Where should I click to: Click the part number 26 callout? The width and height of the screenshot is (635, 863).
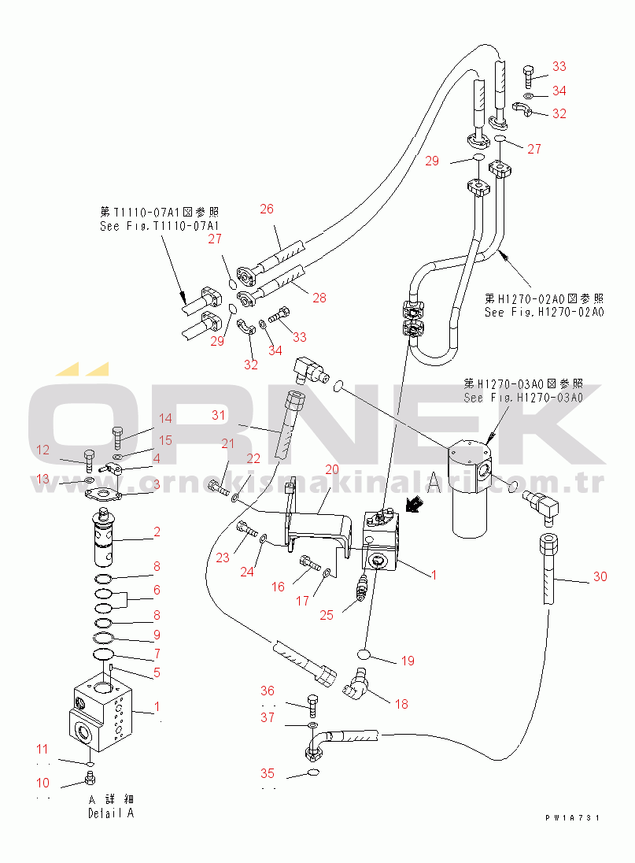(x=267, y=209)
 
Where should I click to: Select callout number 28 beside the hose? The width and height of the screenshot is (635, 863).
(x=319, y=298)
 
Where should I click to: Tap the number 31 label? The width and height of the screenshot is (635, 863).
(x=218, y=415)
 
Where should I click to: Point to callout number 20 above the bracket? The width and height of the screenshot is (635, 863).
(x=332, y=469)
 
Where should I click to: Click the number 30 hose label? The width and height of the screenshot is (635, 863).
(x=600, y=576)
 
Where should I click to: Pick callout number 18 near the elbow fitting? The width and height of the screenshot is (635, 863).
(x=401, y=704)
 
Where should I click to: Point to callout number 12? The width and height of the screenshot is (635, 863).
(x=42, y=450)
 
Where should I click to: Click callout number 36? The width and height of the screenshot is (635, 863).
(x=268, y=691)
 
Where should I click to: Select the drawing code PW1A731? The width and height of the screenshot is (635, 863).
(x=572, y=818)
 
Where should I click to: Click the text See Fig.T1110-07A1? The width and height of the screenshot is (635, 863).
(x=159, y=226)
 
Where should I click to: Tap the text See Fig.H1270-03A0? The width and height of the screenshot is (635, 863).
(x=522, y=398)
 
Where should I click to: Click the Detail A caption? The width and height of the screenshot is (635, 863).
(x=111, y=813)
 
